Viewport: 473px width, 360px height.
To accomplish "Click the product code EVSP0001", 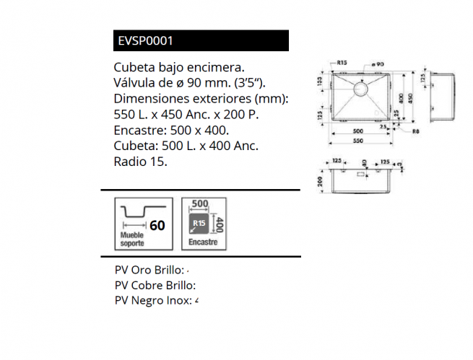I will click(x=144, y=41).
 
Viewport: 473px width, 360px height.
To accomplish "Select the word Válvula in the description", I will click(x=136, y=82).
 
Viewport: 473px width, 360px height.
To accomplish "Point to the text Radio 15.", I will click(x=140, y=162).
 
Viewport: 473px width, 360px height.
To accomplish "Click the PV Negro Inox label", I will click(x=153, y=300).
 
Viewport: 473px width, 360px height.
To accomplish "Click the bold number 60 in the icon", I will click(x=157, y=225).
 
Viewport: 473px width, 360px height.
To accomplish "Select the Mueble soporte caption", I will click(x=132, y=240).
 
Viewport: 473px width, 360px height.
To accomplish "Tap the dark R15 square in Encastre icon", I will click(x=199, y=224).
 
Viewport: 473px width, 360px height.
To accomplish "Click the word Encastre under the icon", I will click(x=203, y=242).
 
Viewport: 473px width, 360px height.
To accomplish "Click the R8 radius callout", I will click(x=416, y=131).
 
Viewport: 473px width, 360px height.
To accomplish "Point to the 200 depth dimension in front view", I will click(x=320, y=182).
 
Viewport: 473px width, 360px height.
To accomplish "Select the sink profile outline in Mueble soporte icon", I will click(x=139, y=211).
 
